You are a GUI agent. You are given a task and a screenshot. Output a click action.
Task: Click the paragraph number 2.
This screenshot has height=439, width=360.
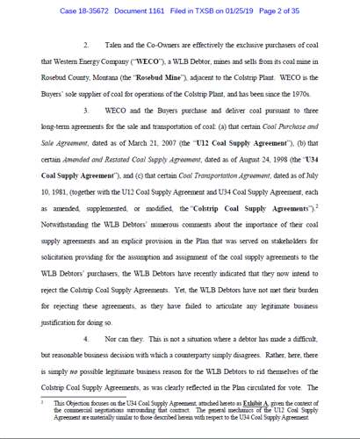[86, 44]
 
